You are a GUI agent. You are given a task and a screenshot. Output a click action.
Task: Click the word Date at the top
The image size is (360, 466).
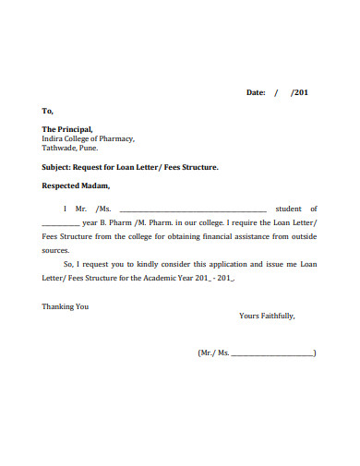coord(255,93)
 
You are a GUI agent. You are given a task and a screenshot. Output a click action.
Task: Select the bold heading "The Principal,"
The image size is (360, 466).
coord(67,129)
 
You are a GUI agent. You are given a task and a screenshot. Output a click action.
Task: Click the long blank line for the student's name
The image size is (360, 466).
coord(193,209)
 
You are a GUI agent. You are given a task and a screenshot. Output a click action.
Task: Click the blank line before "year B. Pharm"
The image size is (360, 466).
coord(61,222)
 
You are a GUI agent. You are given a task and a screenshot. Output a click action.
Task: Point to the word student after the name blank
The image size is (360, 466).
coord(302,209)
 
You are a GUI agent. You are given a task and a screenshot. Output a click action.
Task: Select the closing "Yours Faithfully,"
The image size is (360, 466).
coord(267,316)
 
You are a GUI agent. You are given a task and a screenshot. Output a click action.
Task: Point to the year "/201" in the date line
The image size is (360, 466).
coord(300,93)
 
